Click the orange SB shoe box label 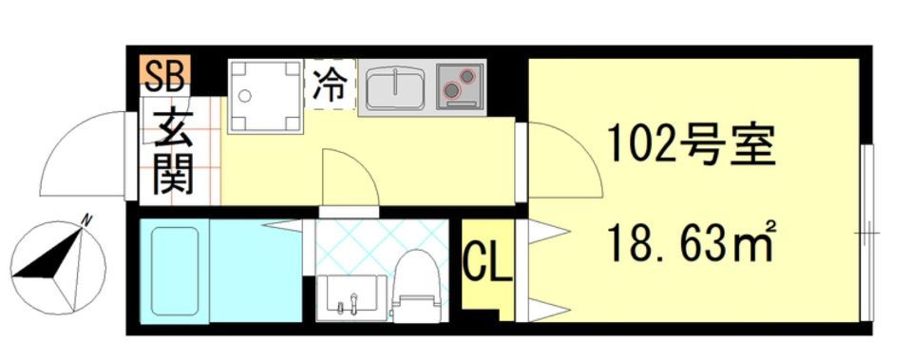pyautogui.click(x=166, y=72)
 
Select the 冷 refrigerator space pyautogui.click(x=329, y=85)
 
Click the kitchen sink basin pyautogui.click(x=395, y=88)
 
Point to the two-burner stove pyautogui.click(x=460, y=88)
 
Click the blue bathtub pyautogui.click(x=174, y=271)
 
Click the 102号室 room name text pyautogui.click(x=691, y=145)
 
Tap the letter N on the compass pyautogui.click(x=86, y=219)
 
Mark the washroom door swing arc pyautogui.click(x=351, y=178)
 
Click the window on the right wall pyautogui.click(x=865, y=234)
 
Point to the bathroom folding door pyautogui.click(x=285, y=225)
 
